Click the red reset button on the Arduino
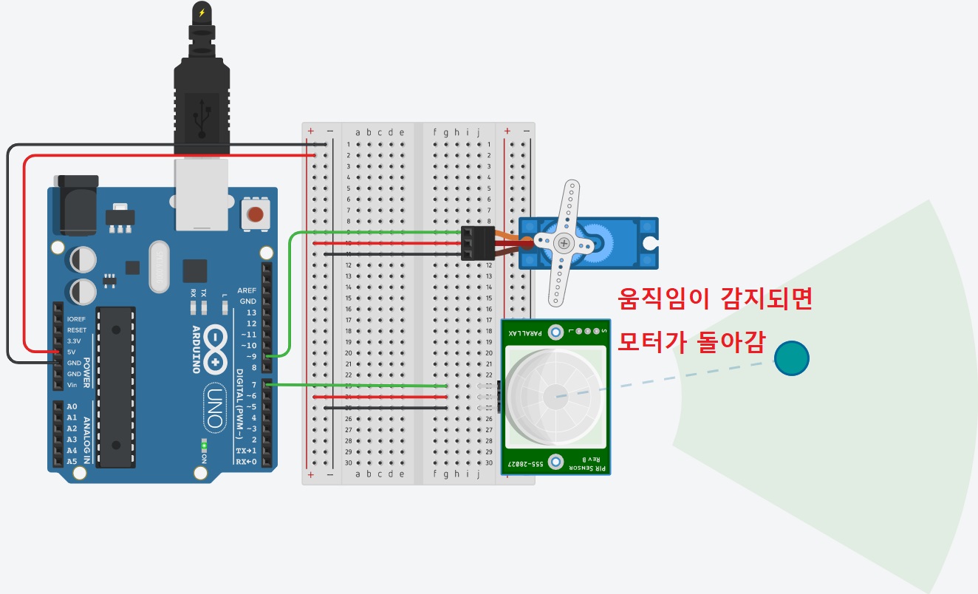[x=255, y=215]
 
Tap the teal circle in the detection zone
[x=792, y=358]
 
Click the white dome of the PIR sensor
[x=550, y=396]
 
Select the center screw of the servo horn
[x=564, y=242]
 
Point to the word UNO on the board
[x=214, y=407]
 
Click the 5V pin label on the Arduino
[x=71, y=352]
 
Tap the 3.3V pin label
[x=73, y=341]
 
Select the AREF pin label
[x=246, y=290]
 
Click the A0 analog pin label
[x=72, y=406]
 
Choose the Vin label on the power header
[x=72, y=385]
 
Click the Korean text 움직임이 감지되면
[x=714, y=299]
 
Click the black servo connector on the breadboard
[x=477, y=243]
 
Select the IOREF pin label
[x=76, y=319]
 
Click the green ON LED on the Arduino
[x=204, y=446]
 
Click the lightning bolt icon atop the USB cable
[x=202, y=12]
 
